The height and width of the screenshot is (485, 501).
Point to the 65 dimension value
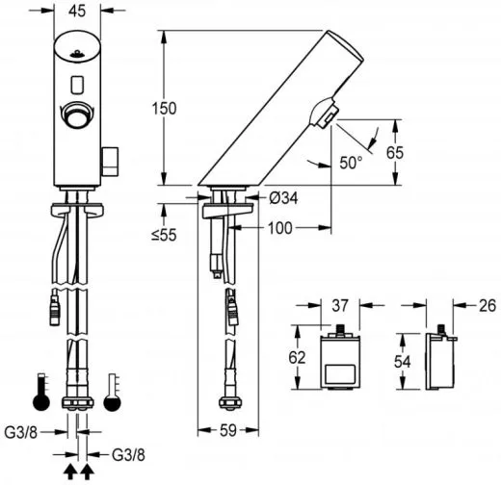[x=409, y=151]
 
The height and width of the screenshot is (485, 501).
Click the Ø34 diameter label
[x=283, y=198]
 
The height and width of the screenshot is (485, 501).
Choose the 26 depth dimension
[x=486, y=306]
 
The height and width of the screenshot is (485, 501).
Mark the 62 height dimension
[x=299, y=357]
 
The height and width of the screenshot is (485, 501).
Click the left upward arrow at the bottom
[x=70, y=471]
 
